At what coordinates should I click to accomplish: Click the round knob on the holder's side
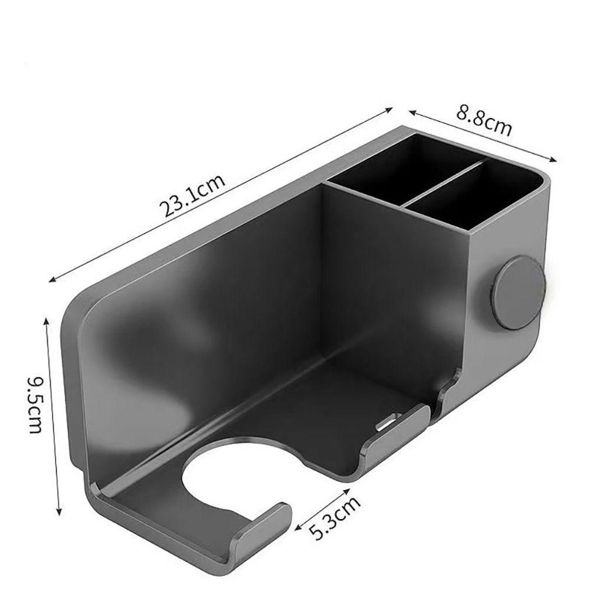pyautogui.click(x=520, y=293)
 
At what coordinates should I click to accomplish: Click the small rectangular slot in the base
pyautogui.click(x=388, y=422)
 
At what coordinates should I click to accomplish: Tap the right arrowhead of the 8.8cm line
pyautogui.click(x=555, y=159)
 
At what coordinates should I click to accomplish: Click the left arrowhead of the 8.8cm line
pyautogui.click(x=411, y=110)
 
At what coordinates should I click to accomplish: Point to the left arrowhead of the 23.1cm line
pyautogui.click(x=52, y=280)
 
